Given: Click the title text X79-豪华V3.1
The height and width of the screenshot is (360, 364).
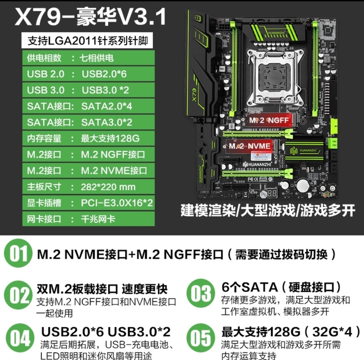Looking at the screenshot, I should tap(90, 17).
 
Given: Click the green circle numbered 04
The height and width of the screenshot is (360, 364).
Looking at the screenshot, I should tap(19, 338).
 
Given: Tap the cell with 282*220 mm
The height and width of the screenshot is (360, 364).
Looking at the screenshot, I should tap(107, 186).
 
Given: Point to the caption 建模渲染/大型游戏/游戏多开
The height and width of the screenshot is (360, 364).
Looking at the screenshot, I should tap(268, 210).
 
